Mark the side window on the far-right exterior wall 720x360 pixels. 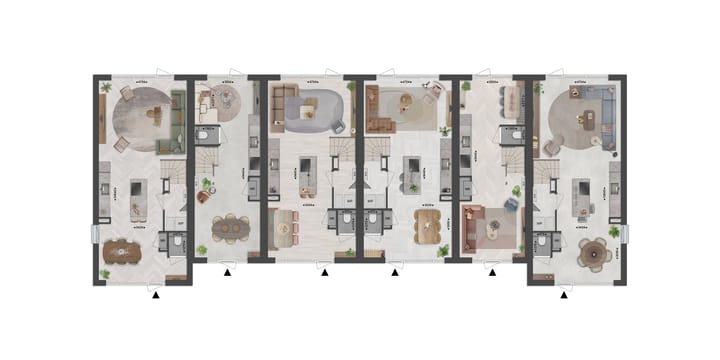[x=625, y=233]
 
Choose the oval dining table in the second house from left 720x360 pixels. [x=230, y=228]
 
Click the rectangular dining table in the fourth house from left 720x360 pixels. [x=427, y=225]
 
